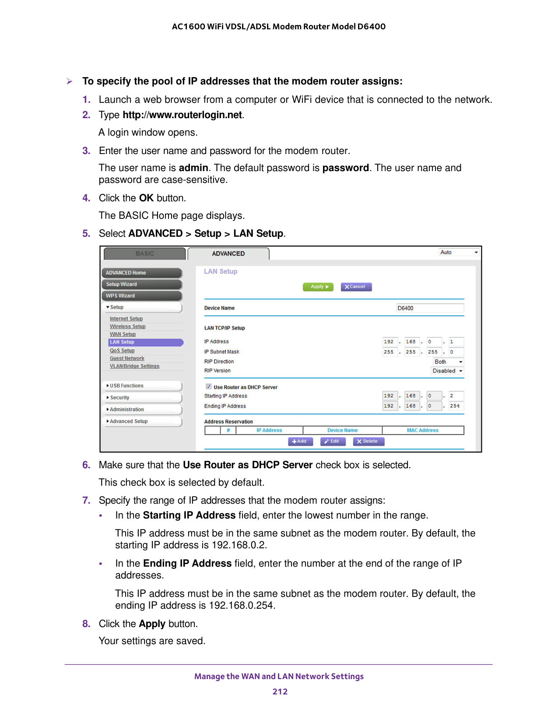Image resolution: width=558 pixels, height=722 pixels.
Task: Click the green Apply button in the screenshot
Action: point(318,287)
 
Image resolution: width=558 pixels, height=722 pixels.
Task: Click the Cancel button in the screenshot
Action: point(356,287)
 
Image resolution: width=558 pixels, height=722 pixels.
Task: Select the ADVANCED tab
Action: point(228,254)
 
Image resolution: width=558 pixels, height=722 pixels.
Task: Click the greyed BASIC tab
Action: point(144,254)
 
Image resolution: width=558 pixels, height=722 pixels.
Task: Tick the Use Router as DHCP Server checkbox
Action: point(209,387)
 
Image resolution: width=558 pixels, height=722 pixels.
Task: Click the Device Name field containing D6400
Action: point(429,308)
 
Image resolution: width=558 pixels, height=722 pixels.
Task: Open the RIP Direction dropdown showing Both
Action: point(448,362)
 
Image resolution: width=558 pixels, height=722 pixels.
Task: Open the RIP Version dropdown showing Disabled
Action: point(447,371)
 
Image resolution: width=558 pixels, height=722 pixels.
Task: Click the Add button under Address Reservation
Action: point(300,442)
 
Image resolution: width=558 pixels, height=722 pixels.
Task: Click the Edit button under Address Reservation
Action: point(333,442)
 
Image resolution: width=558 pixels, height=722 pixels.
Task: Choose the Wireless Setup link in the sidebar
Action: point(128,326)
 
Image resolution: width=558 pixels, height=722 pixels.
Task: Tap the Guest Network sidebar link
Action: point(127,358)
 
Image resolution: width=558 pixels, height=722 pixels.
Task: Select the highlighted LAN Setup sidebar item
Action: point(145,342)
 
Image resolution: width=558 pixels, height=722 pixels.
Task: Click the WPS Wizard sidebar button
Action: point(142,296)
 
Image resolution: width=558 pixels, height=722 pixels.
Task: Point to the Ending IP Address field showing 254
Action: point(455,406)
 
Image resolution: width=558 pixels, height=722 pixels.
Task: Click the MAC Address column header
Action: point(422,431)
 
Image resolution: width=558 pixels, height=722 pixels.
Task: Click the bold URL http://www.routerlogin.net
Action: point(182,115)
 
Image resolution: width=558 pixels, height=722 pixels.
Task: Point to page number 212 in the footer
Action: point(280,692)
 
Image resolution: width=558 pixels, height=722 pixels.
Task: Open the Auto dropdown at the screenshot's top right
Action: point(459,252)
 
